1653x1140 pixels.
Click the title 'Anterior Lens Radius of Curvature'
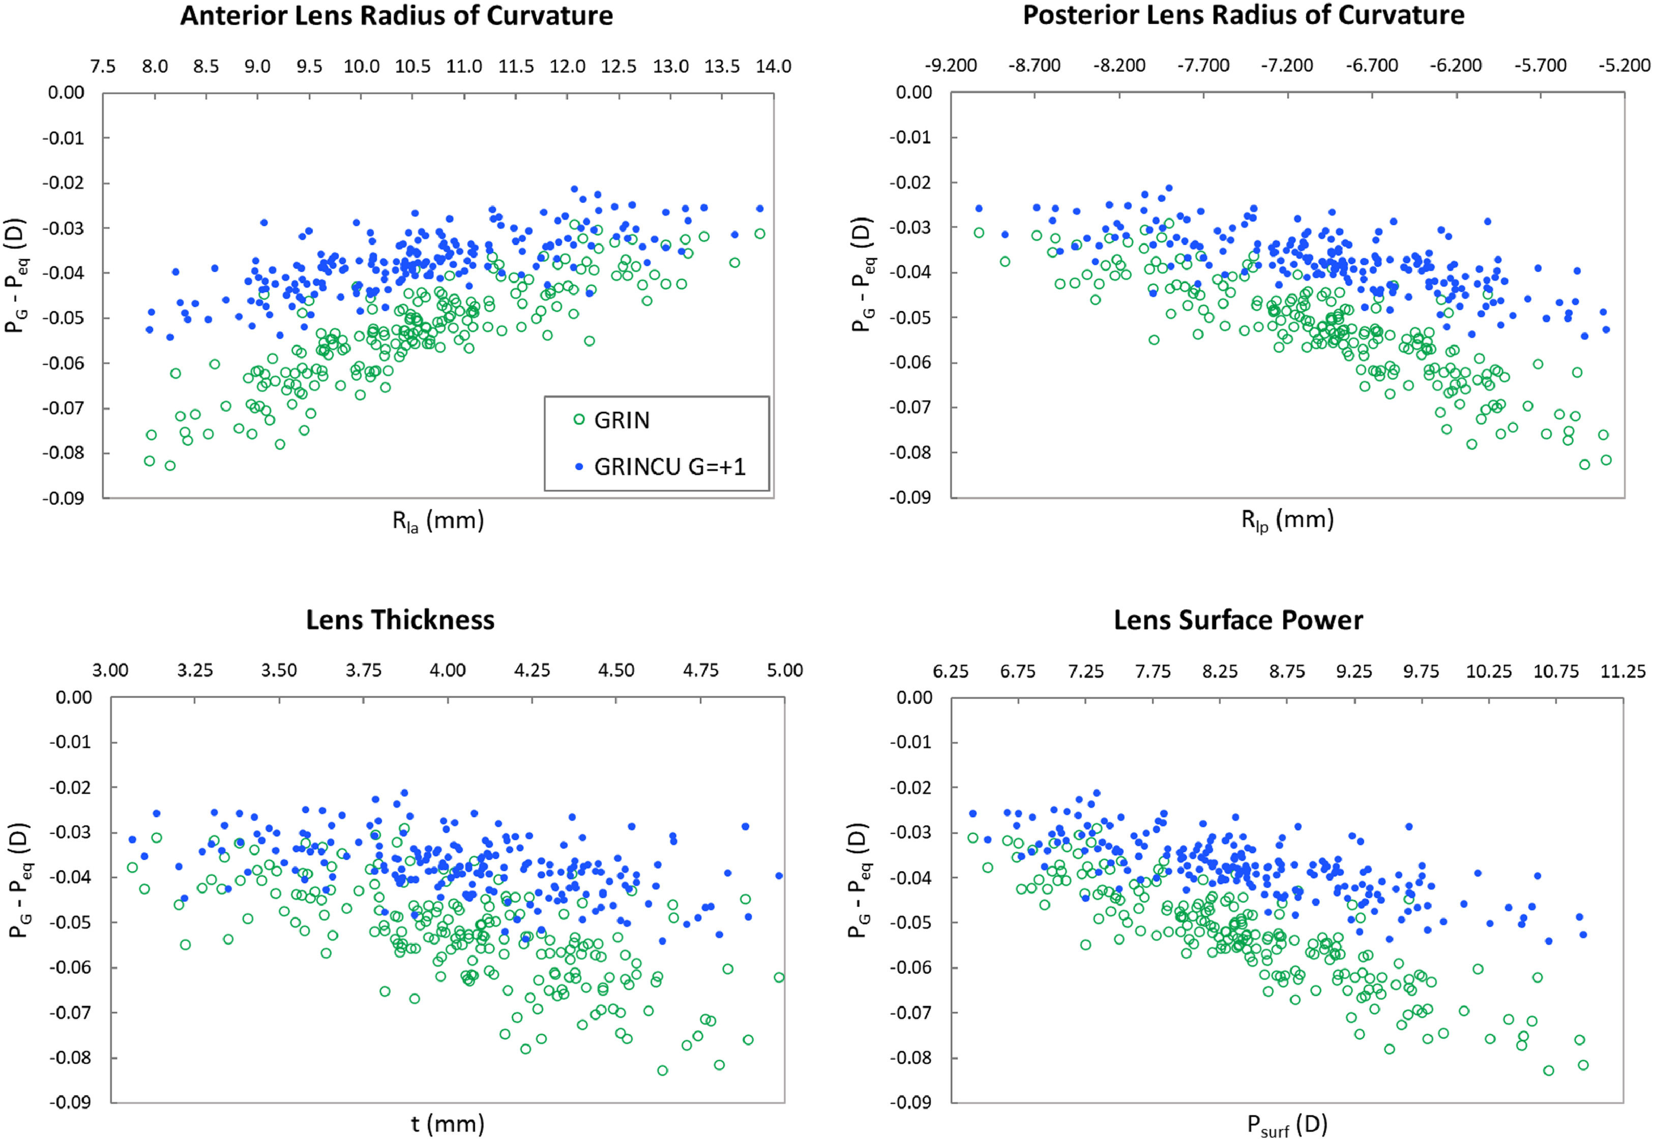pyautogui.click(x=396, y=16)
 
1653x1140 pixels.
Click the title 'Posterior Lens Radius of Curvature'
pyautogui.click(x=1243, y=15)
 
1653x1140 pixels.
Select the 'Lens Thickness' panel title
pyautogui.click(x=400, y=620)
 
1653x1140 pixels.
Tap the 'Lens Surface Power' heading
pyautogui.click(x=1238, y=620)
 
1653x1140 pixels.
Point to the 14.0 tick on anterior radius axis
pyautogui.click(x=774, y=67)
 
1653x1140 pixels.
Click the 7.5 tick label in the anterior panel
pyautogui.click(x=103, y=67)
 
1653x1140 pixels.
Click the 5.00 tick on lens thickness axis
pyautogui.click(x=784, y=671)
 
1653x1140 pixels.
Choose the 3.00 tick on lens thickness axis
pyautogui.click(x=111, y=671)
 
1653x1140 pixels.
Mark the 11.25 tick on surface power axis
pyautogui.click(x=1622, y=671)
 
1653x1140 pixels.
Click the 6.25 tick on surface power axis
pyautogui.click(x=950, y=671)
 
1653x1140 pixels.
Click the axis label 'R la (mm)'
pyautogui.click(x=438, y=521)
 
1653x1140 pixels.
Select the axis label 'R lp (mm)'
pyautogui.click(x=1286, y=521)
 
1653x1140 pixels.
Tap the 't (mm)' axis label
pyautogui.click(x=447, y=1124)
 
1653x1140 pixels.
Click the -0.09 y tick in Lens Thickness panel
pyautogui.click(x=71, y=1102)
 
